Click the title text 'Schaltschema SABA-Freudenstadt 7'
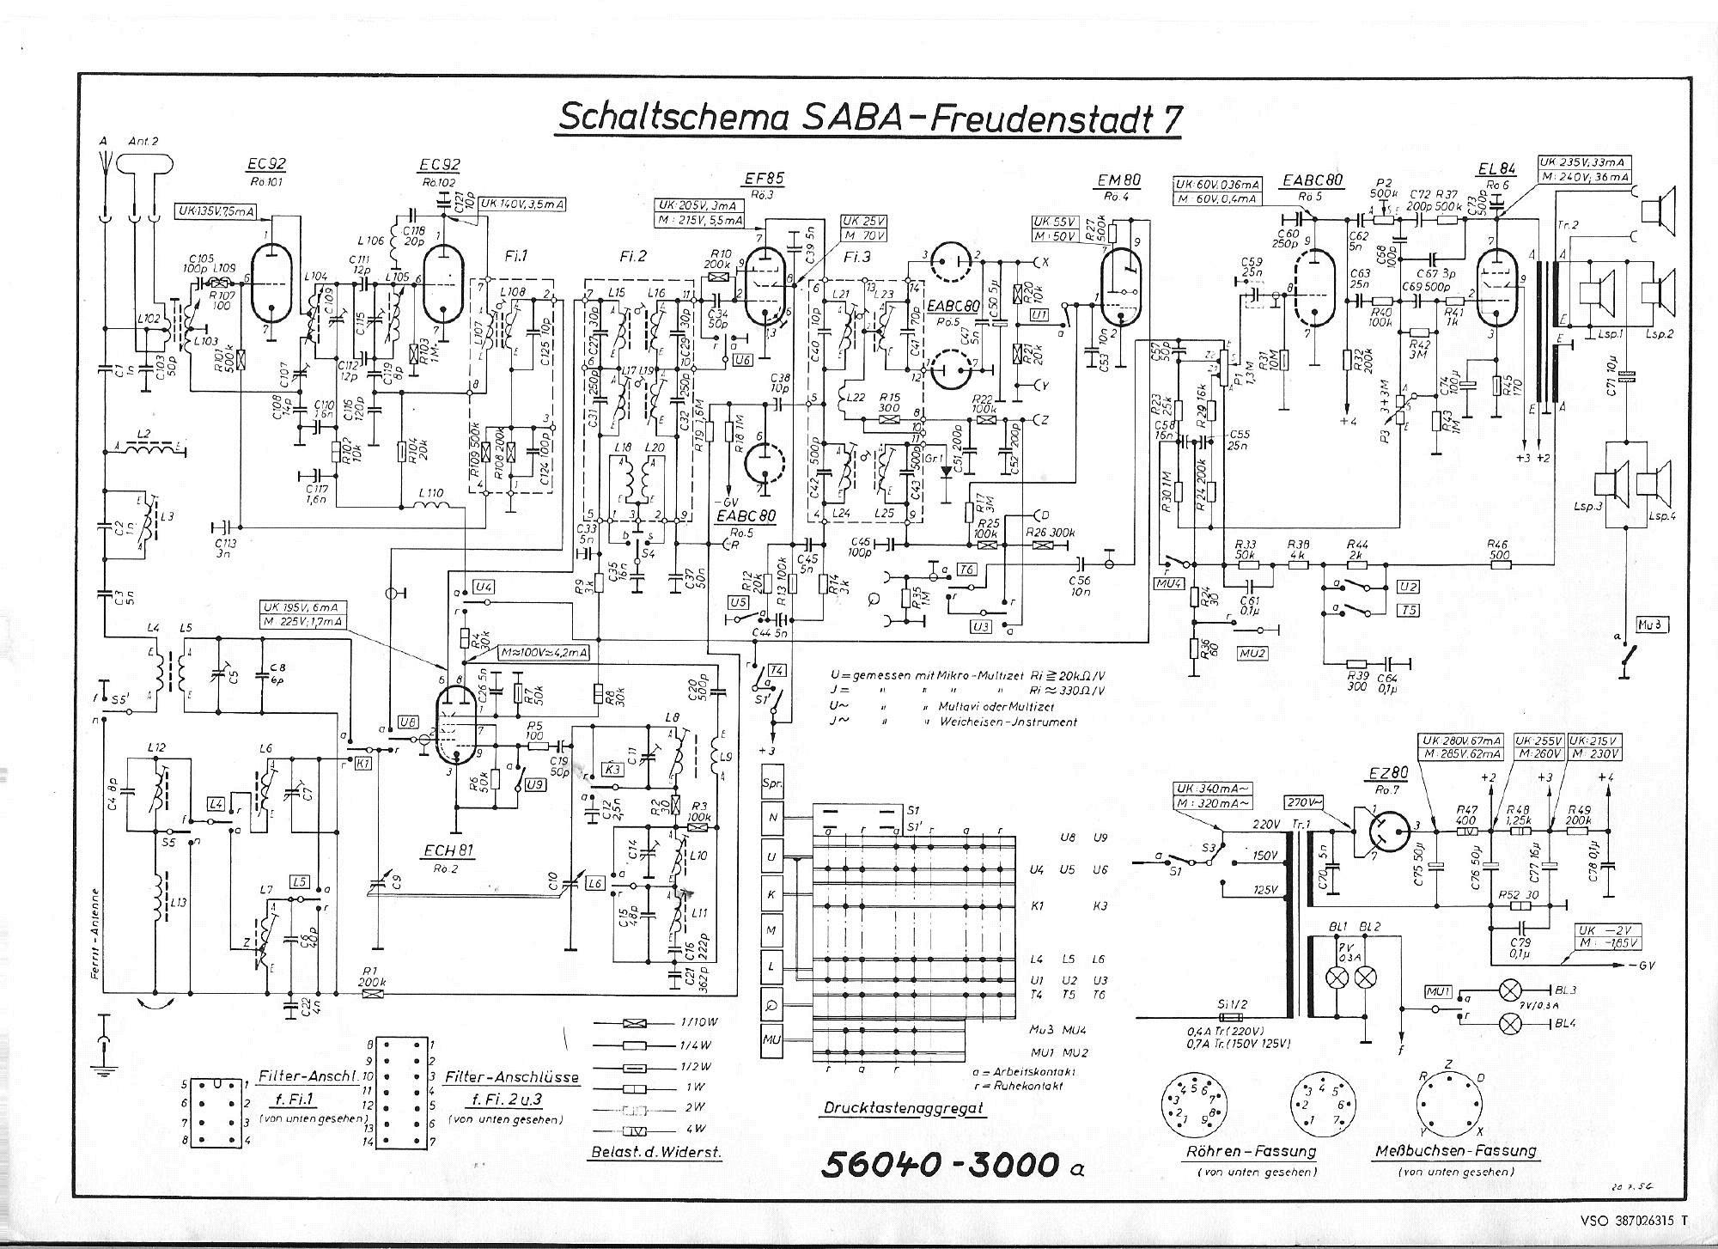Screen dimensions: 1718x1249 point(868,118)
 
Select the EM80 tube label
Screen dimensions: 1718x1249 point(1119,180)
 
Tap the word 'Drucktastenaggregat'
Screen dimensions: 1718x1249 point(904,1107)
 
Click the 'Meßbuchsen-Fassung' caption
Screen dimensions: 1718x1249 point(1455,1150)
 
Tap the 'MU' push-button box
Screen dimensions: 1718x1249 point(771,1040)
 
